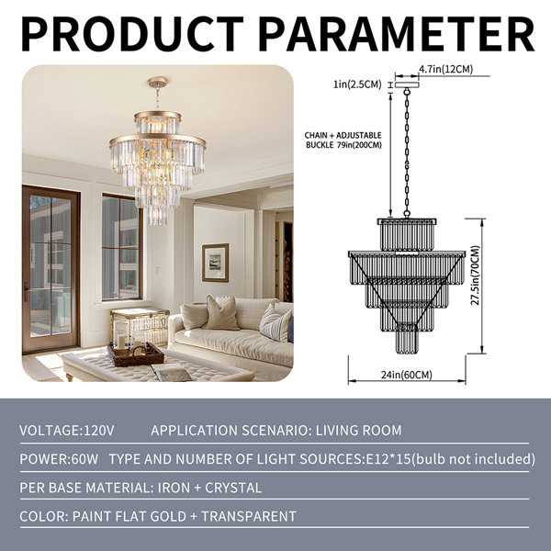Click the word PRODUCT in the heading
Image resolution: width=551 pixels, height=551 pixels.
(x=132, y=35)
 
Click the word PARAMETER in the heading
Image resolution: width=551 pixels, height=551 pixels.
(x=398, y=35)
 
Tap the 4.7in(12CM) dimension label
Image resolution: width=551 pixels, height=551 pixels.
(x=446, y=69)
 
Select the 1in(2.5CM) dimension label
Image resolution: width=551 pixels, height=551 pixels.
(x=357, y=84)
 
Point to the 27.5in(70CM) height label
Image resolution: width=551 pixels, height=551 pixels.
(x=475, y=275)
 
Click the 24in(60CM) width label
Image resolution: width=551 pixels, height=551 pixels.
(x=407, y=375)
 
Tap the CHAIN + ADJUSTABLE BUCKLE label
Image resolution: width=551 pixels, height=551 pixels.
(x=343, y=140)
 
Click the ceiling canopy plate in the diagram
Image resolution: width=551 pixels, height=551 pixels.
(x=407, y=84)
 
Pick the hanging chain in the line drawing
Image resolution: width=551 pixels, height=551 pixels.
(x=407, y=152)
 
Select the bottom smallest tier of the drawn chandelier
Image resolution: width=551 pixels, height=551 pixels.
(x=407, y=342)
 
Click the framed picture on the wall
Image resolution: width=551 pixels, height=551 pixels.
(x=215, y=263)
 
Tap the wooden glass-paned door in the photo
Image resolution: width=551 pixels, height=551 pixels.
(x=51, y=269)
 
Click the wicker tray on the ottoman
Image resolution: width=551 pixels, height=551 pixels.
(x=136, y=354)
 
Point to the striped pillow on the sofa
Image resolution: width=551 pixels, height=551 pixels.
(x=275, y=323)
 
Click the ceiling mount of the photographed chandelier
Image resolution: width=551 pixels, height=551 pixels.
(x=158, y=83)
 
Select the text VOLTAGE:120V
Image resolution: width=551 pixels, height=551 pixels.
(x=67, y=431)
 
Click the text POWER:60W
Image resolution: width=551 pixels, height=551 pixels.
(x=59, y=459)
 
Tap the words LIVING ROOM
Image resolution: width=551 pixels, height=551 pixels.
(x=358, y=431)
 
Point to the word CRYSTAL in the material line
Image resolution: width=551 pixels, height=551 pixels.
(x=233, y=488)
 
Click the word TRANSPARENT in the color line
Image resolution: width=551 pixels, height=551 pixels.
(x=249, y=516)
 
